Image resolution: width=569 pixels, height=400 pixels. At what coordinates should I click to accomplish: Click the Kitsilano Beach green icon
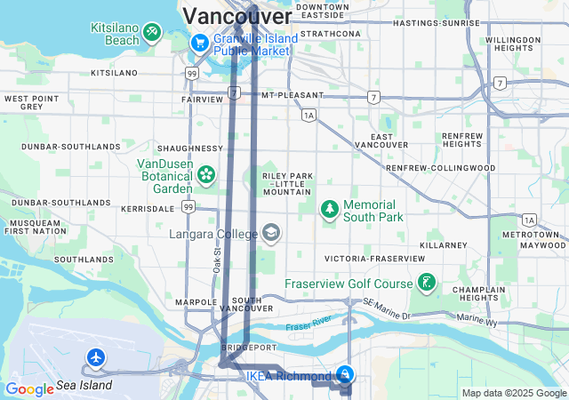coord(152,34)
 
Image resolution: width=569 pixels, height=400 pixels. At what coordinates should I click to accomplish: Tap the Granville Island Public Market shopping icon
coord(200,42)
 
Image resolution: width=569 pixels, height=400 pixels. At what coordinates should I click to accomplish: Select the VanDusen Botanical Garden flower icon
coord(207,173)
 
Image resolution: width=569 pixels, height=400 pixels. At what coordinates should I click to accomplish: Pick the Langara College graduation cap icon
coord(271,234)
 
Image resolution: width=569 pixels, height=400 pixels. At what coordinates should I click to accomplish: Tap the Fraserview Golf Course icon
coord(427,284)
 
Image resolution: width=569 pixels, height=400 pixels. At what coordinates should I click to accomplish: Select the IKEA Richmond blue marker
coord(345,375)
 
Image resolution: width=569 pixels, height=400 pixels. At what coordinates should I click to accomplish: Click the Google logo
coord(29,388)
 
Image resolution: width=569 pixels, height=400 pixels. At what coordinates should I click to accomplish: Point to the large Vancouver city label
coord(236,16)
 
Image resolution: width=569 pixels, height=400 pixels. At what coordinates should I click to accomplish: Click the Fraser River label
coord(309,322)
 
